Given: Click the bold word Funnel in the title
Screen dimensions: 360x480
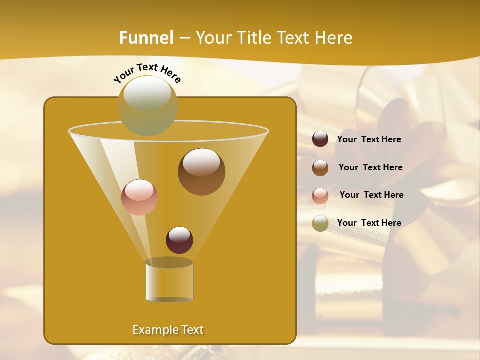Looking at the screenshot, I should (146, 38).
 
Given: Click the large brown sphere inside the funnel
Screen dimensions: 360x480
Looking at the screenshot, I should (201, 172).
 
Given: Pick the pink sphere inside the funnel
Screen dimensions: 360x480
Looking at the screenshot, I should (139, 197).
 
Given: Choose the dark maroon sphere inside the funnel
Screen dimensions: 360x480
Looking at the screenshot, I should (179, 240).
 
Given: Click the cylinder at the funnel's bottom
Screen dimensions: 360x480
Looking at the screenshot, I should (169, 281).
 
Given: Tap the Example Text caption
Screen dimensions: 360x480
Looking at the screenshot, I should (168, 330).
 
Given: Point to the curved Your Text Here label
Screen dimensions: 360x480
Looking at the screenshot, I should (147, 72).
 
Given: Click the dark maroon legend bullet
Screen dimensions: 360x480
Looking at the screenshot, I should (320, 139).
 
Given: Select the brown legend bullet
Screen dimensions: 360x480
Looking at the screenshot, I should (320, 168).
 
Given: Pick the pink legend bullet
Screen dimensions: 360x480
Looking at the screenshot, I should (320, 195).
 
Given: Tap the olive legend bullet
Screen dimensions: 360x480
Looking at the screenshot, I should (320, 223).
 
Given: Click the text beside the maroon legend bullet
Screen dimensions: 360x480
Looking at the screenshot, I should (369, 140).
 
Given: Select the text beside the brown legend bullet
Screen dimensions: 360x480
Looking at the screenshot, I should (370, 168).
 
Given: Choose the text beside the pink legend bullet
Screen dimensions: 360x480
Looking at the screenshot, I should (371, 195).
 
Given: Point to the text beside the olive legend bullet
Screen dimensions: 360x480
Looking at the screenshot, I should (369, 223).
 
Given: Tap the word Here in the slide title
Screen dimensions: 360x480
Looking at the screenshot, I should (335, 38).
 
